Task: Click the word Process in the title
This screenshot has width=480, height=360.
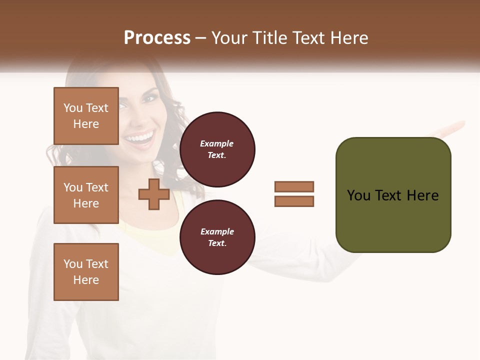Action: click(x=157, y=38)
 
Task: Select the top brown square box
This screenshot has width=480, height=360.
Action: click(x=86, y=116)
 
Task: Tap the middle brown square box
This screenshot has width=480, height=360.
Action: click(x=86, y=195)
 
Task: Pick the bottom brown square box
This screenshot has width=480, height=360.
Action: click(x=86, y=272)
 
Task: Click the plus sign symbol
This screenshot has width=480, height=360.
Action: click(x=153, y=194)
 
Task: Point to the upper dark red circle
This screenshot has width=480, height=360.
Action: click(x=217, y=149)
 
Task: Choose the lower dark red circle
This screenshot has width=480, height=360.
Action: click(x=217, y=237)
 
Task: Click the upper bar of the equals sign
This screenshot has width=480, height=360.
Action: click(x=294, y=186)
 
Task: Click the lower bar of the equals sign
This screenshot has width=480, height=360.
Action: click(x=294, y=201)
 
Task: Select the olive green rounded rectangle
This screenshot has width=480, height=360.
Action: click(x=393, y=195)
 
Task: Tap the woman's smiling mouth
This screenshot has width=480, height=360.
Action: click(x=140, y=137)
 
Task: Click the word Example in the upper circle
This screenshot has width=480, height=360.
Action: click(x=217, y=143)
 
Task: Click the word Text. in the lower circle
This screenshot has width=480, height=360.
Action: click(x=217, y=243)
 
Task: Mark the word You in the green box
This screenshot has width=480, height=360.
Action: click(x=358, y=195)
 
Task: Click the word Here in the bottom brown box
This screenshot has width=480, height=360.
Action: click(x=86, y=280)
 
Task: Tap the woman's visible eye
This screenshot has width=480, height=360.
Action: click(x=149, y=98)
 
